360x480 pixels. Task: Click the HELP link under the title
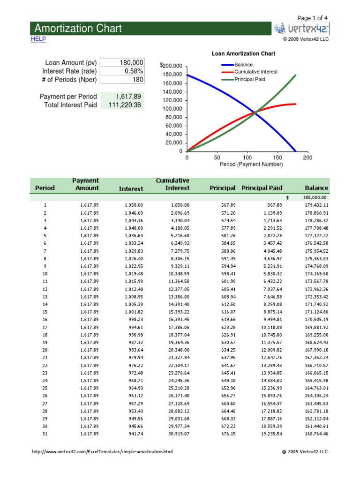(x=38, y=39)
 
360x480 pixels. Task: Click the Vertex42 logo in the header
(x=301, y=29)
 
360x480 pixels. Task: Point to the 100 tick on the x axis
(x=247, y=158)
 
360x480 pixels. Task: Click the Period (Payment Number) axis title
(x=251, y=165)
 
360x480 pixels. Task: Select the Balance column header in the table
(x=316, y=188)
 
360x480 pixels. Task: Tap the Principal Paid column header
(x=262, y=188)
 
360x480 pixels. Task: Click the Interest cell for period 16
(x=134, y=320)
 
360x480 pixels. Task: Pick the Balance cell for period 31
(x=316, y=434)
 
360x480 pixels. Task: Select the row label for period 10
(x=45, y=274)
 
